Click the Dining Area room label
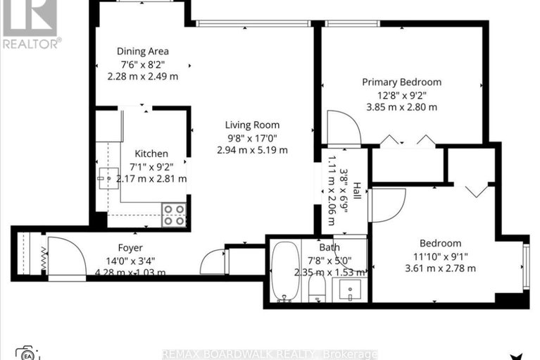pyautogui.click(x=142, y=51)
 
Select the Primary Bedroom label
pyautogui.click(x=401, y=82)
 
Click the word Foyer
pyautogui.click(x=130, y=248)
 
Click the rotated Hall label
pyautogui.click(x=357, y=190)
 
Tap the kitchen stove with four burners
pyautogui.click(x=174, y=215)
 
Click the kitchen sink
pyautogui.click(x=108, y=180)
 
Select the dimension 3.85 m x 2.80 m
pyautogui.click(x=401, y=107)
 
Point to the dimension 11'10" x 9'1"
pyautogui.click(x=441, y=256)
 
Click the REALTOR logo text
pyautogui.click(x=31, y=43)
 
